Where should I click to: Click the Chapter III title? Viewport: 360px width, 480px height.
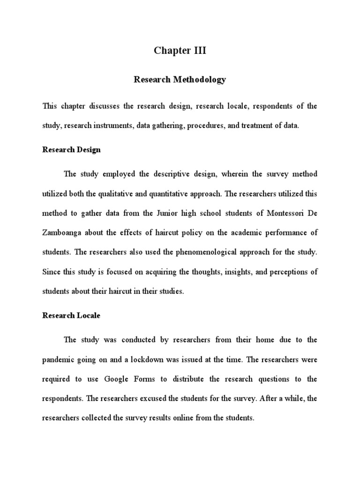tap(180, 51)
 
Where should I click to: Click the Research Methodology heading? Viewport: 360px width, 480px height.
tap(180, 80)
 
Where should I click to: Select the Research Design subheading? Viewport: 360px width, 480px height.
tap(71, 150)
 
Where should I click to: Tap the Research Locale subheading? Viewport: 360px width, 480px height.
tap(71, 315)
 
